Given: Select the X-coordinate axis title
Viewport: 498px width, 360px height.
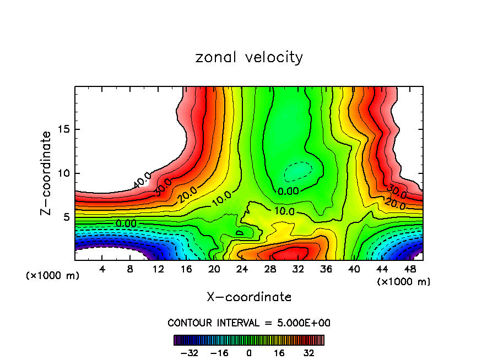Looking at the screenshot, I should coord(249,297).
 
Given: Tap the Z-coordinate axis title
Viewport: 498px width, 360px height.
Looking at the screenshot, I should coord(47,173).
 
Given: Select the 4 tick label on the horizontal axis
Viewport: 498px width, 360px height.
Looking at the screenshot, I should coord(102,269).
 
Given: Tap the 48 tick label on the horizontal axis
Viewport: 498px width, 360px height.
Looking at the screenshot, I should coord(410,269).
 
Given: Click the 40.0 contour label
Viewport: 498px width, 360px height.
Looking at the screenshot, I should coord(142,179).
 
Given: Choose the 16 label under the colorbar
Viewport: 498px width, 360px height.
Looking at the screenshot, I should coord(279,353).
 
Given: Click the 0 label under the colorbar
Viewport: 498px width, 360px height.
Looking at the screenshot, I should coord(249,353).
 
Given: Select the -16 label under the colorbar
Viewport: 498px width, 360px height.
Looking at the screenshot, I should coord(219,353).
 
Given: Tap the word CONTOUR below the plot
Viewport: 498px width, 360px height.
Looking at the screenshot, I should coord(191,323).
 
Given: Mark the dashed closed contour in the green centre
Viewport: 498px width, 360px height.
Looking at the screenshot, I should coord(297,171).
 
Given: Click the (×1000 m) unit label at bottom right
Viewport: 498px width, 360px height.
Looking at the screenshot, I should coord(403,281).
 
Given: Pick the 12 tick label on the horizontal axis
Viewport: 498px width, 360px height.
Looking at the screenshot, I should coord(158,269).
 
